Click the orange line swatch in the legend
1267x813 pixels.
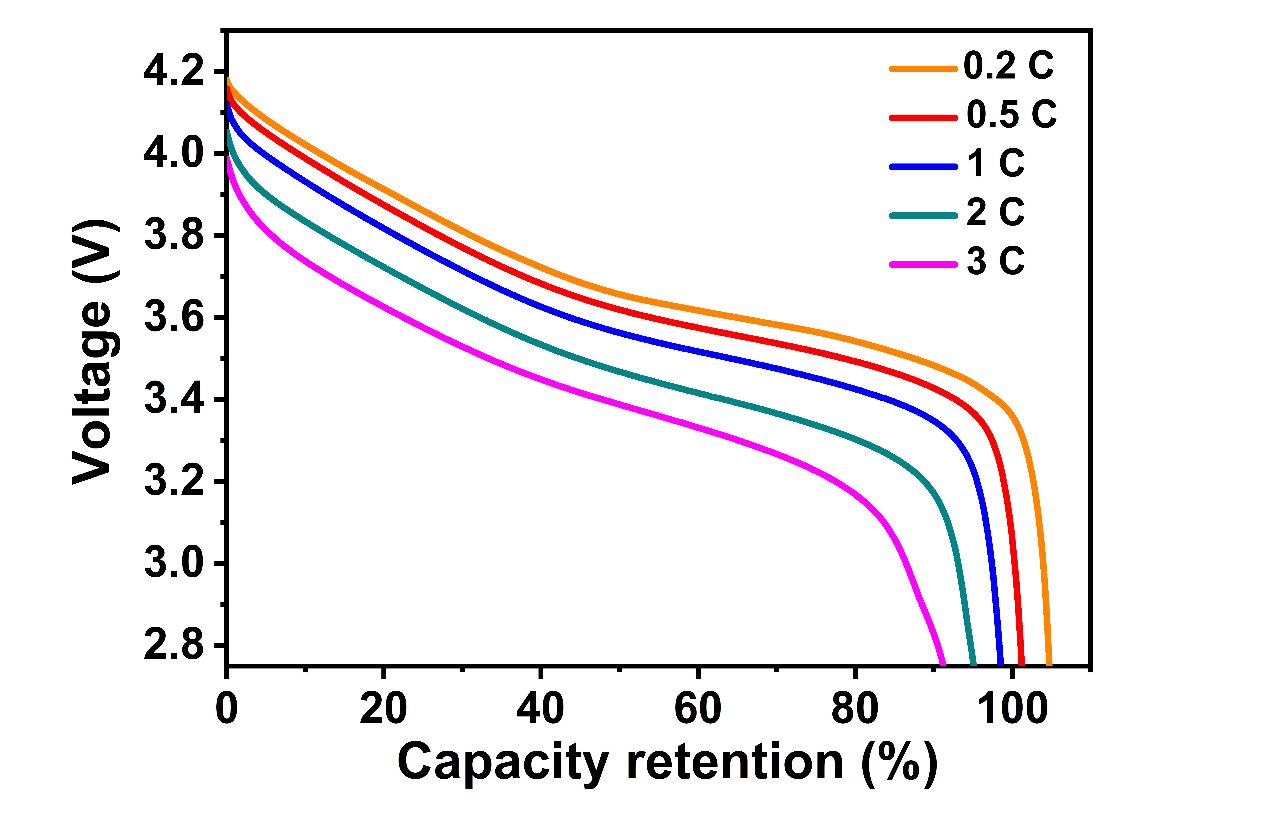click(x=923, y=69)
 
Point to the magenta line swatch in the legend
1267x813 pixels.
click(x=923, y=264)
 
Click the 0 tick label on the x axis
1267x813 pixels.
click(x=227, y=709)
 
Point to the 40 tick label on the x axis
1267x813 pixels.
click(x=540, y=709)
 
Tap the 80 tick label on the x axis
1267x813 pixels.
click(x=855, y=709)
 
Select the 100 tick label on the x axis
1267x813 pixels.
click(x=1012, y=709)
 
